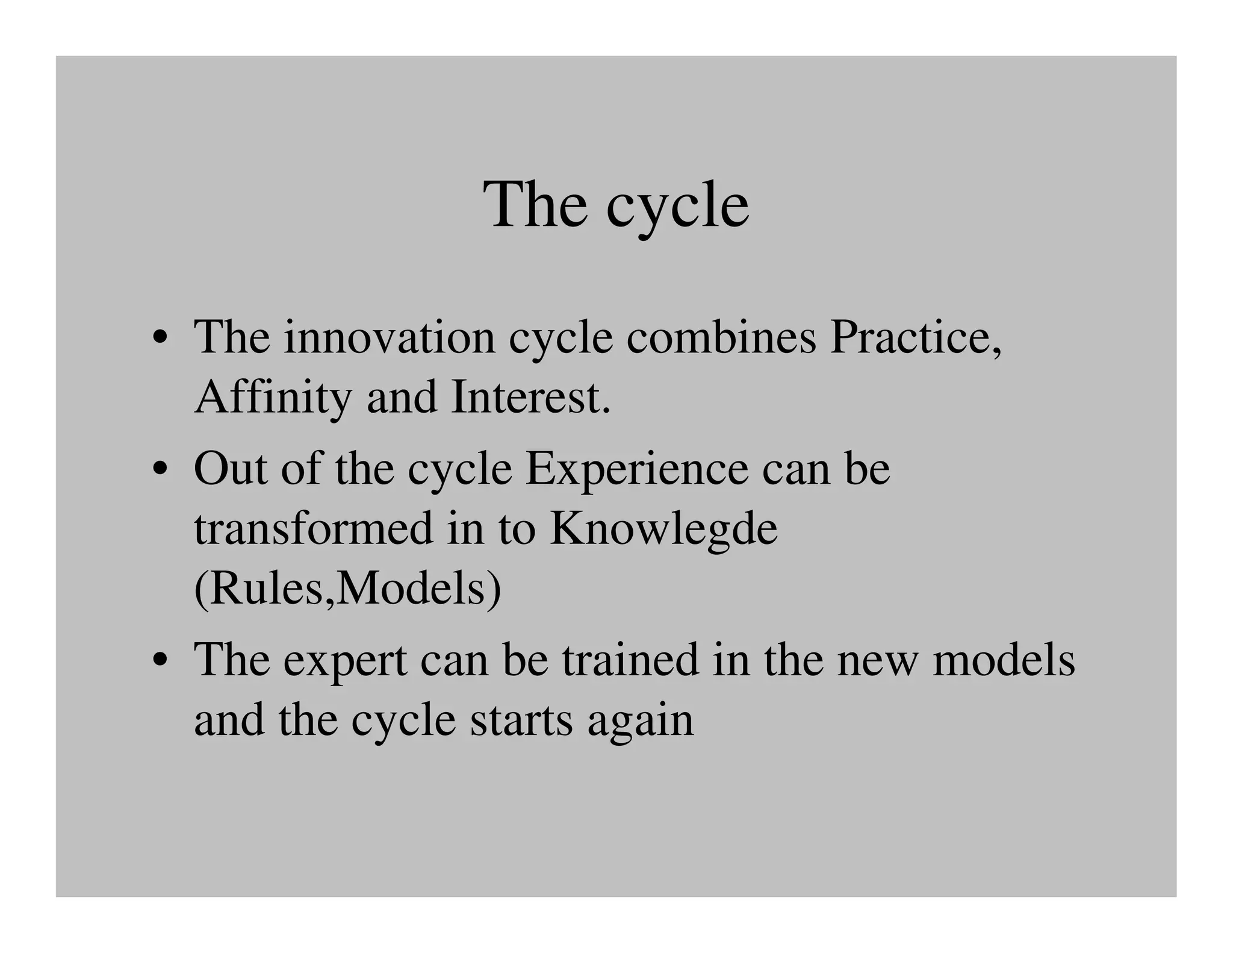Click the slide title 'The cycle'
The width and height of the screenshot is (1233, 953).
[616, 205]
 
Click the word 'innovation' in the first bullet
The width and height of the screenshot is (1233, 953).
[389, 337]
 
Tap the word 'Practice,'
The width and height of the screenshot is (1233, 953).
[916, 337]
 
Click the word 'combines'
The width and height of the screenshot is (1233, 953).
[721, 337]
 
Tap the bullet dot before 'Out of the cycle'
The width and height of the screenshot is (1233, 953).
[160, 471]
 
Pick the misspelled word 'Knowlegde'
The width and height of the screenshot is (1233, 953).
[663, 529]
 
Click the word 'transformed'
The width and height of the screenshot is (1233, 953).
[313, 529]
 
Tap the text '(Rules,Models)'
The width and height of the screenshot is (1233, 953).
[347, 589]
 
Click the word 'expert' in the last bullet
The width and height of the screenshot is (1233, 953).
[344, 661]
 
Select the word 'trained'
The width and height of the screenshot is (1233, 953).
[630, 660]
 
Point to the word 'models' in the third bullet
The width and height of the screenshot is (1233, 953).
[1003, 660]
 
